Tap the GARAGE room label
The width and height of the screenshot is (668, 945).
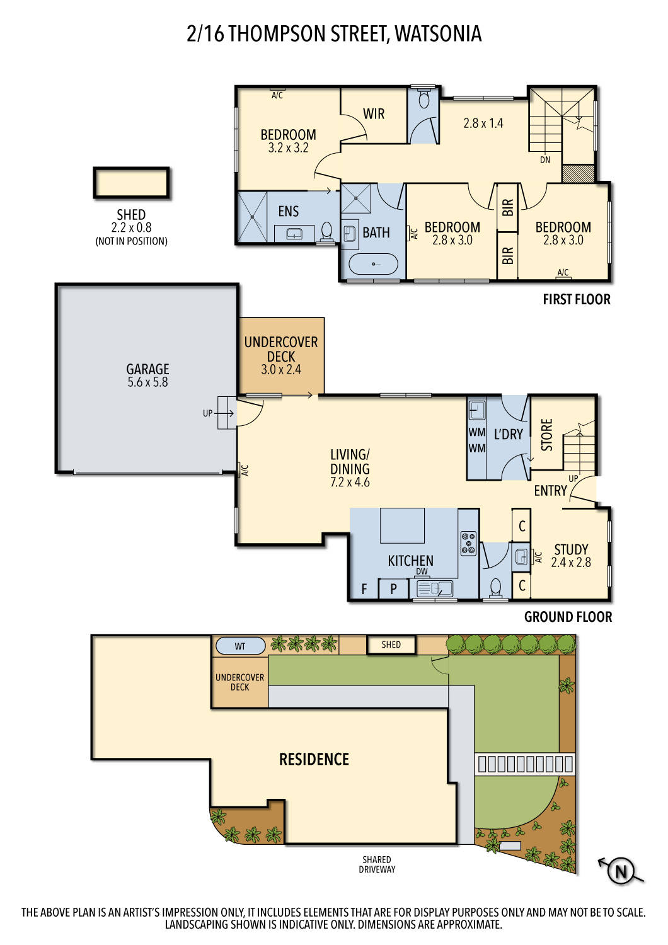(x=147, y=369)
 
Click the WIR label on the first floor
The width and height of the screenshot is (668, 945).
(x=374, y=114)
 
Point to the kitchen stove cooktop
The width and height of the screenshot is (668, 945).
(x=468, y=543)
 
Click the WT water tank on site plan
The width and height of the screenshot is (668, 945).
(x=240, y=646)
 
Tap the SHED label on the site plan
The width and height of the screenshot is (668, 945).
(x=391, y=644)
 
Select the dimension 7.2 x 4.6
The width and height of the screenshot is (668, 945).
(x=350, y=483)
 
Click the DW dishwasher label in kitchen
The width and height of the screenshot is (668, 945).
(x=422, y=571)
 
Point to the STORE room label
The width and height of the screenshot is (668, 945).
(x=547, y=435)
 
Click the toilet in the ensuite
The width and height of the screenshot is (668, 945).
(x=327, y=231)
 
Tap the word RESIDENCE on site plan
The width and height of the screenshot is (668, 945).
(x=314, y=759)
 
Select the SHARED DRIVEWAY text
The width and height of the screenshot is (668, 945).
(x=377, y=864)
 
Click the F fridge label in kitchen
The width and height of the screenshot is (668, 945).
(x=364, y=590)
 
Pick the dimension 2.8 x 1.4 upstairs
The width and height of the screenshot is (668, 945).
(x=483, y=123)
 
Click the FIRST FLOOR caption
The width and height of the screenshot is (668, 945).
(x=577, y=300)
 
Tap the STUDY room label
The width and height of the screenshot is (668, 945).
(x=571, y=549)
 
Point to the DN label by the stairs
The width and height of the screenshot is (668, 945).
(x=545, y=160)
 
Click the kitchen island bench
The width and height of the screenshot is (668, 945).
(x=402, y=525)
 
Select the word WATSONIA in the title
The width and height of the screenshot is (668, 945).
(x=438, y=33)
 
